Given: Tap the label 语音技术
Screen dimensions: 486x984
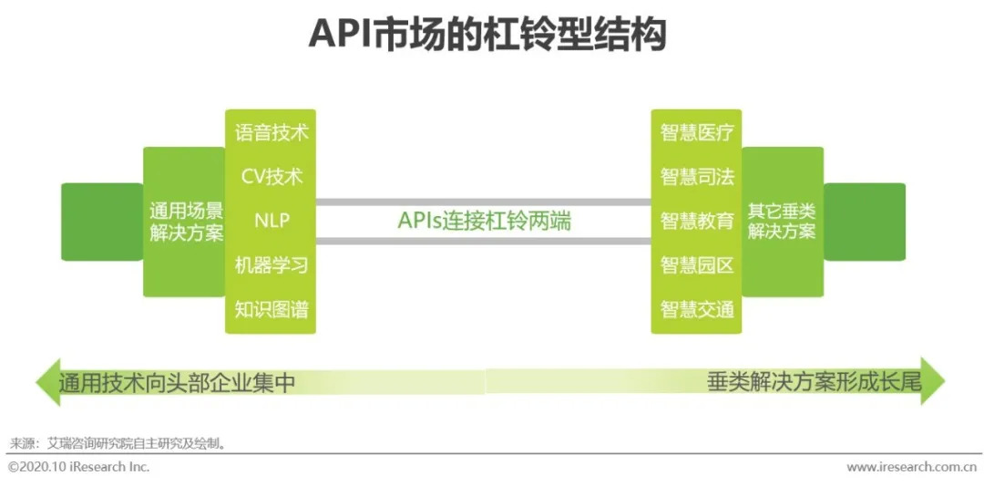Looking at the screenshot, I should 272,132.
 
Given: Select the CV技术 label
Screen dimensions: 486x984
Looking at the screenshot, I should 272,176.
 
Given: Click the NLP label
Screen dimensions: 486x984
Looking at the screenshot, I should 272,221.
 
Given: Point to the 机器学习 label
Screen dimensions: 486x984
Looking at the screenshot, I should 272,265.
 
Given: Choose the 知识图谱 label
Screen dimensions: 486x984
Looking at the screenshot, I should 272,309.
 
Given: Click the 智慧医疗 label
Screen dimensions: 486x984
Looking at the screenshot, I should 697,132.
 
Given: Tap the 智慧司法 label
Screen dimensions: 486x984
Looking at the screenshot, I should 697,176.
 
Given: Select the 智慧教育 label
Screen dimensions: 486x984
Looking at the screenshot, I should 697,221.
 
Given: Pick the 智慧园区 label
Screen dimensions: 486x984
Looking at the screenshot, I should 697,265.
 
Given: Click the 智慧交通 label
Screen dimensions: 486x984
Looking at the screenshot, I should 697,309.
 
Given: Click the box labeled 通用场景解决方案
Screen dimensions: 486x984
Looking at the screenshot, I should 186,222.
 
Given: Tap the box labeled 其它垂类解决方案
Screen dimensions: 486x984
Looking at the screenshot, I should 782,222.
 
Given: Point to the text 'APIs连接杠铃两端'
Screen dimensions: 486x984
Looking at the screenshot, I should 484,221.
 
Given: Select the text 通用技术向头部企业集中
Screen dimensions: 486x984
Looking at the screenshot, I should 177,382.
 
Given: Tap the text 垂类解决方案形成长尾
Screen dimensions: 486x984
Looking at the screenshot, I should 814,382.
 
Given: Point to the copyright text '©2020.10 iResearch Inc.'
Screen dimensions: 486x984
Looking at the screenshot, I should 78,467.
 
